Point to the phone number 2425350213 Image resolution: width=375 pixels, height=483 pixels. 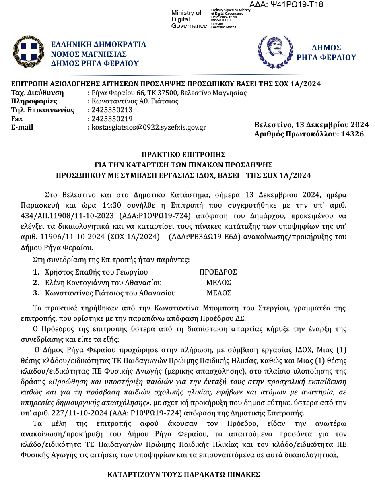pyautogui.click(x=112, y=110)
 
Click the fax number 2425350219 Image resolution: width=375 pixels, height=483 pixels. pyautogui.click(x=112, y=119)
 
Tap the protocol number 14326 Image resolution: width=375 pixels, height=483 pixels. pyautogui.click(x=352, y=134)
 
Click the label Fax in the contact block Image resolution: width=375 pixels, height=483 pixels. pyautogui.click(x=17, y=119)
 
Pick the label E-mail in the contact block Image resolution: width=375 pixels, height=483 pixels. pyautogui.click(x=22, y=127)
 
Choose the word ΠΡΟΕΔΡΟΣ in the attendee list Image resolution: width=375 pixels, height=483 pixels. pyautogui.click(x=218, y=272)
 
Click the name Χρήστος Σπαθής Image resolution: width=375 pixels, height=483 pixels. pyautogui.click(x=68, y=272)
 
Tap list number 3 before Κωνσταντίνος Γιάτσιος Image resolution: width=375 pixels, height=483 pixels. pyautogui.click(x=36, y=293)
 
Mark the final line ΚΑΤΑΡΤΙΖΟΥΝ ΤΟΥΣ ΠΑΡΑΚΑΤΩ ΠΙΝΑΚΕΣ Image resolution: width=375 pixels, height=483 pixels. pyautogui.click(x=183, y=474)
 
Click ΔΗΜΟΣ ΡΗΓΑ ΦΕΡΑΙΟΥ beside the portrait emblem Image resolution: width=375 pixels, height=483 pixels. pyautogui.click(x=326, y=52)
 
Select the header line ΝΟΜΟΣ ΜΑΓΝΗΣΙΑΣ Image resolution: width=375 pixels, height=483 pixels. pyautogui.click(x=89, y=54)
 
